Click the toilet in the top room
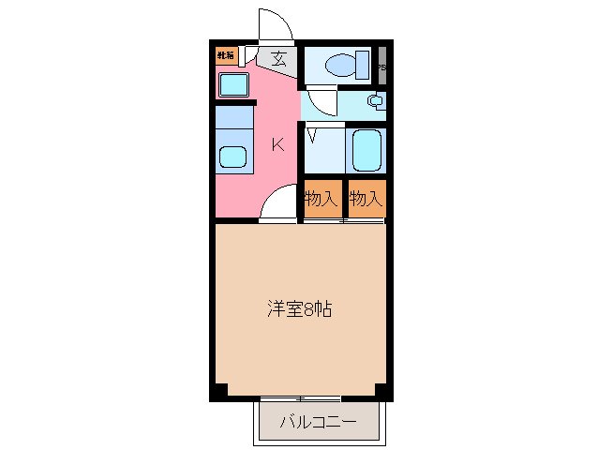338,65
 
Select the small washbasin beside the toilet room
375,100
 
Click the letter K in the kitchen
277,144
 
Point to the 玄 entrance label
279,59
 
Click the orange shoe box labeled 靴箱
226,54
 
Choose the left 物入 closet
320,199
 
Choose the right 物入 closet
366,199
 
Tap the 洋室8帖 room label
298,307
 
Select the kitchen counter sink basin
232,157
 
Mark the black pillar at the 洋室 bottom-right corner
381,390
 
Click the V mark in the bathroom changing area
312,136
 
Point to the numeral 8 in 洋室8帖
309,307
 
